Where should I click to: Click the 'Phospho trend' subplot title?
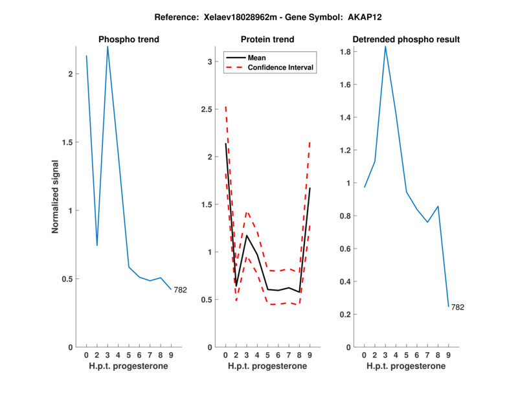click(129, 40)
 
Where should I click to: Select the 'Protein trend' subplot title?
click(268, 40)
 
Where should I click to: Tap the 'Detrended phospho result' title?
click(406, 40)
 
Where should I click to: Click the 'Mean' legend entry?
click(257, 58)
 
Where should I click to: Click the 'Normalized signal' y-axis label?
click(56, 197)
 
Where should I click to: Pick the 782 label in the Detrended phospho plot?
click(457, 307)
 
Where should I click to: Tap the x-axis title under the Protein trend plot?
click(267, 366)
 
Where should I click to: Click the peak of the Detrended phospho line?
click(385, 47)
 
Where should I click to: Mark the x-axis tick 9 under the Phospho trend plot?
click(171, 355)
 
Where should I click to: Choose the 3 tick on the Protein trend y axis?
click(209, 61)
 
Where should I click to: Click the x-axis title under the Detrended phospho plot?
click(406, 366)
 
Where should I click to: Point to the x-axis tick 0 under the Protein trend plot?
click(225, 355)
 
